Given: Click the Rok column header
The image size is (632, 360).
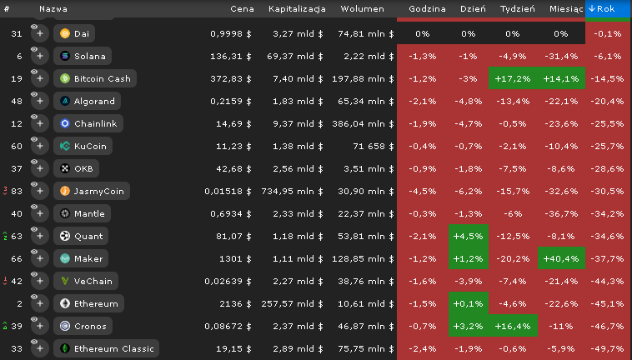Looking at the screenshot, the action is [608, 8].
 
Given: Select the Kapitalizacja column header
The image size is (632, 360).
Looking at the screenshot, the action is [297, 9].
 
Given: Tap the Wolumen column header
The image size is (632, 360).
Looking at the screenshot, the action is [362, 9].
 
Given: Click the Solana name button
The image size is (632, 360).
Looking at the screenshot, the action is [83, 56].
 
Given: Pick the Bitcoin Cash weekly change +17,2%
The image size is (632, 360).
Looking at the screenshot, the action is [513, 78].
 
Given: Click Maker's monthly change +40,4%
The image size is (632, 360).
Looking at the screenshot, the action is [561, 258].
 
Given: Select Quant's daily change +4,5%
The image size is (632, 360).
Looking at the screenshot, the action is [469, 236].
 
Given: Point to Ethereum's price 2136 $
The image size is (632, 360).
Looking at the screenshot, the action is [235, 303].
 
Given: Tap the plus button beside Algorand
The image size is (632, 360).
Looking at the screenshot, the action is [40, 101].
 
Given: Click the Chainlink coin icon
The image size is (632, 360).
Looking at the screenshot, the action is [65, 123].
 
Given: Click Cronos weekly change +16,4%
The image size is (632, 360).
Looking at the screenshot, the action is [513, 326].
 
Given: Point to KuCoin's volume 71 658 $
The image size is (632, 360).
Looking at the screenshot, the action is [374, 146].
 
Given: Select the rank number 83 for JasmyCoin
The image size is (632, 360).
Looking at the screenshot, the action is [17, 192].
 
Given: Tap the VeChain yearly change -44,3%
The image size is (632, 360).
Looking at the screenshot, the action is [608, 281].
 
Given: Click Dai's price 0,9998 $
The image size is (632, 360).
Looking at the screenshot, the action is [231, 34].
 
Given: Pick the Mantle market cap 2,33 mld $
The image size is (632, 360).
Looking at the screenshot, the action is [298, 214].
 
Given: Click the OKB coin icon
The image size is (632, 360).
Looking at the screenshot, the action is [65, 168].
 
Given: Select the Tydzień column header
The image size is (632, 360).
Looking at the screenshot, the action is [518, 9].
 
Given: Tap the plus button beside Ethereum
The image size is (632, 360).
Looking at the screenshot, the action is [40, 303].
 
